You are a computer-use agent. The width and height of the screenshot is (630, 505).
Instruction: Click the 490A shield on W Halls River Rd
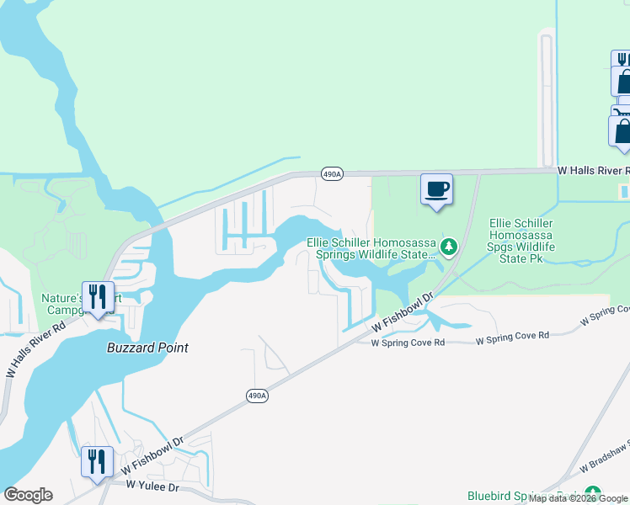[332, 174]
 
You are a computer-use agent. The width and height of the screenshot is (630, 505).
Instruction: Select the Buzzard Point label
[147, 348]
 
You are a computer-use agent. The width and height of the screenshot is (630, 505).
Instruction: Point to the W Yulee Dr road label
[153, 486]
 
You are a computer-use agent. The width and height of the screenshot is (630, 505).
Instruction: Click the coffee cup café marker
[436, 189]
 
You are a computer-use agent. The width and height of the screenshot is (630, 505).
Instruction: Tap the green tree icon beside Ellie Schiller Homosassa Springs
[449, 247]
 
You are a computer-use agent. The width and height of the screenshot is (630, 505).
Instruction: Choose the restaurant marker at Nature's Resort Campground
[97, 297]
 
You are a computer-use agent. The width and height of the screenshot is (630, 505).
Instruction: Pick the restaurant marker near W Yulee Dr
[97, 462]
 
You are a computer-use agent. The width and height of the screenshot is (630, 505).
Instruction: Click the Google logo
[28, 495]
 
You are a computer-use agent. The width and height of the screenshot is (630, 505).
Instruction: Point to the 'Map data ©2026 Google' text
[579, 499]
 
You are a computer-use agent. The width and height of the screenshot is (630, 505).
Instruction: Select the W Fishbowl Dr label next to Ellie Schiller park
[403, 313]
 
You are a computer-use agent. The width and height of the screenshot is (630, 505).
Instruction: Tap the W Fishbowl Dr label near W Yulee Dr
[152, 455]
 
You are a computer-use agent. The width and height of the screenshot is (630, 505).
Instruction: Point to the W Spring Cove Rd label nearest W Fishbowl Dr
[408, 343]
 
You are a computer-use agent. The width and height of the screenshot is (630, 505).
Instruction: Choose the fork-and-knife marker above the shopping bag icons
[621, 59]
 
